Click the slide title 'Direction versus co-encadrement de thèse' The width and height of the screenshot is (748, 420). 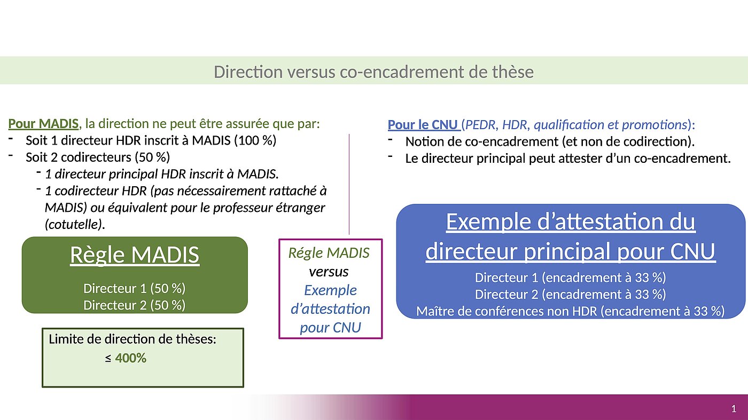click(373, 72)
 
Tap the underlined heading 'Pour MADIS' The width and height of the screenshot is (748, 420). click(43, 124)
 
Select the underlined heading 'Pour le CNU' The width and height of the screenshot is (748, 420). click(423, 125)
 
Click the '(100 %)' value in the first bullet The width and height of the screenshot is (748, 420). click(255, 140)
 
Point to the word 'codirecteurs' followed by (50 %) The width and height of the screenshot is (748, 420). click(96, 157)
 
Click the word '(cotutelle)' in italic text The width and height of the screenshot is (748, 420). click(75, 224)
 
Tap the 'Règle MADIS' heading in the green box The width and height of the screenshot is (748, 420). click(135, 255)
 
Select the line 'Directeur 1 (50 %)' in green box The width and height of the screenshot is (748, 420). click(134, 289)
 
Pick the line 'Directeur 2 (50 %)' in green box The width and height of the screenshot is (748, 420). click(134, 305)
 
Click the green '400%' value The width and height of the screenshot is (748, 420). click(130, 358)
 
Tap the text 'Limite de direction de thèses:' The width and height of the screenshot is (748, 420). click(133, 339)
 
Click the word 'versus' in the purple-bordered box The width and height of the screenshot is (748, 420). click(329, 272)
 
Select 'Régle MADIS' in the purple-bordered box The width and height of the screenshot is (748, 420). click(329, 253)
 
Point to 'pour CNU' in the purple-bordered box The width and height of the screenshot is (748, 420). click(330, 328)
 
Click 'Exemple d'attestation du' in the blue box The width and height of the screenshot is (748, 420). click(571, 221)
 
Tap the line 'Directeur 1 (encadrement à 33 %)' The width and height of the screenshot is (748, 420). click(571, 278)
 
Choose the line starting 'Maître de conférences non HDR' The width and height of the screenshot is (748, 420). click(571, 311)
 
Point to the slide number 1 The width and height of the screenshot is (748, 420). click(734, 409)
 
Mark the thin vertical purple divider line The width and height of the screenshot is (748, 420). click(349, 184)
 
